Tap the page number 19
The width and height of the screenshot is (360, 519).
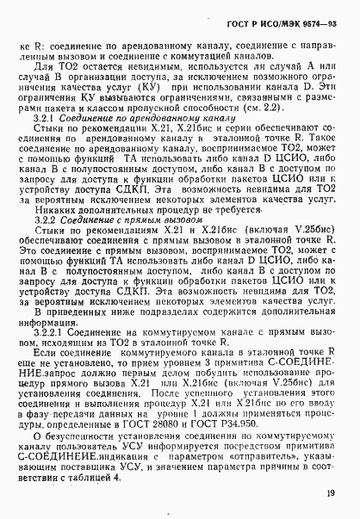click(332, 493)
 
